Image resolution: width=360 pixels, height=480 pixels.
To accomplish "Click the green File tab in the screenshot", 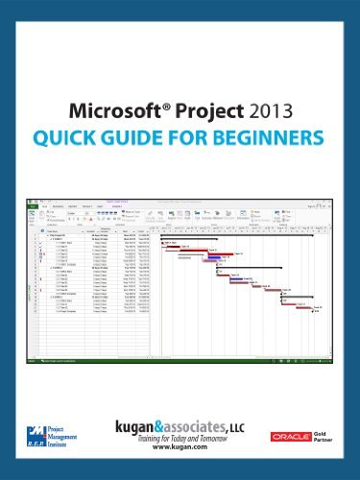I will (31, 204).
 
